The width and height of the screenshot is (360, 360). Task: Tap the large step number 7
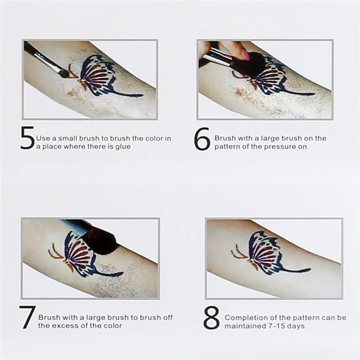(27, 317)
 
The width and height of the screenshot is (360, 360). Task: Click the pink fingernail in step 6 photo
(246, 55)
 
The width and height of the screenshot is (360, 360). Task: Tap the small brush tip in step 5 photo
(64, 73)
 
